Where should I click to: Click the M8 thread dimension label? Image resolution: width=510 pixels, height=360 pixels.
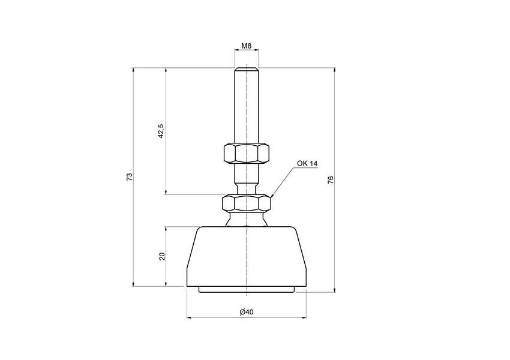coord(246,46)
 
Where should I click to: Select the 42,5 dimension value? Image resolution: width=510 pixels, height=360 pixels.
coord(160,131)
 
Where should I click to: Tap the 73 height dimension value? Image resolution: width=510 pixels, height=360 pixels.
coord(129,176)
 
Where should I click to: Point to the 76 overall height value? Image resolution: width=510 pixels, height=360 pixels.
coord(330,180)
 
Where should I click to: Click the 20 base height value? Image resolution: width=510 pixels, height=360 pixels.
coord(161,256)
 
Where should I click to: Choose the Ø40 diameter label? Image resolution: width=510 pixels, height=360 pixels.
coord(246,312)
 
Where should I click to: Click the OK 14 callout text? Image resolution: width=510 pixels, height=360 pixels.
coord(307,163)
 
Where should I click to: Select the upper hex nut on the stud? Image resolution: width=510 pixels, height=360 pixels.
coord(246,154)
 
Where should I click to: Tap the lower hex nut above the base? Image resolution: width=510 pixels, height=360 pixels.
coord(246,203)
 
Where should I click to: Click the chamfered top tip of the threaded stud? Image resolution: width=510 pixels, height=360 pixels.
coord(246,67)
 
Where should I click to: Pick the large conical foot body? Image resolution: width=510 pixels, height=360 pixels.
coord(246,255)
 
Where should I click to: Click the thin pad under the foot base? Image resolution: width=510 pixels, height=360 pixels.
coord(246,290)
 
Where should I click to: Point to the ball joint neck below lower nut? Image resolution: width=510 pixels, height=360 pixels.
coord(246,220)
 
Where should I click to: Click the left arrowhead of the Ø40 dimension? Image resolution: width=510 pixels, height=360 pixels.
coord(190,317)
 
